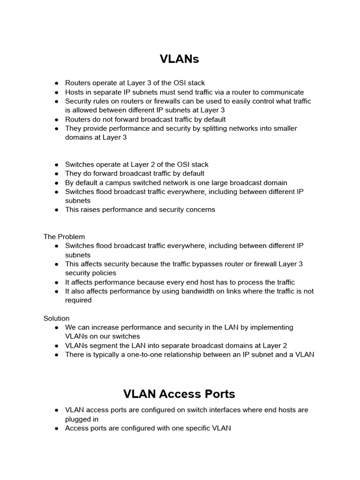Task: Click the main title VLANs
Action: (x=180, y=59)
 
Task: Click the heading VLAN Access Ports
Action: (x=180, y=393)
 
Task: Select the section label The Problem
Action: (x=64, y=237)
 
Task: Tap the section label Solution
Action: (x=56, y=318)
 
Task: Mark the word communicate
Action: (x=283, y=92)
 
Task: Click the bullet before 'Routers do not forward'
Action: (x=56, y=120)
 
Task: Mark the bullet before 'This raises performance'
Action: (x=56, y=210)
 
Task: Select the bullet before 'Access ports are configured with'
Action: (x=56, y=428)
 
